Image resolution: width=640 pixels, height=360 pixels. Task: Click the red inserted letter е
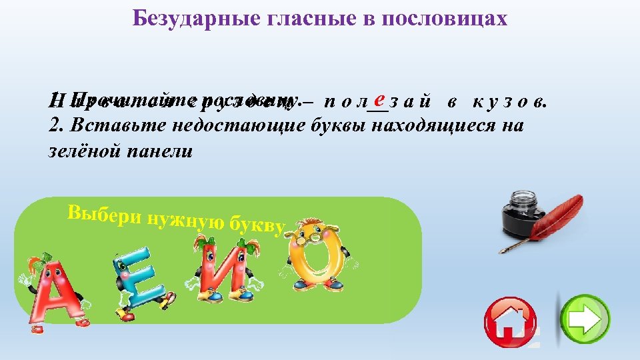[378, 99]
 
